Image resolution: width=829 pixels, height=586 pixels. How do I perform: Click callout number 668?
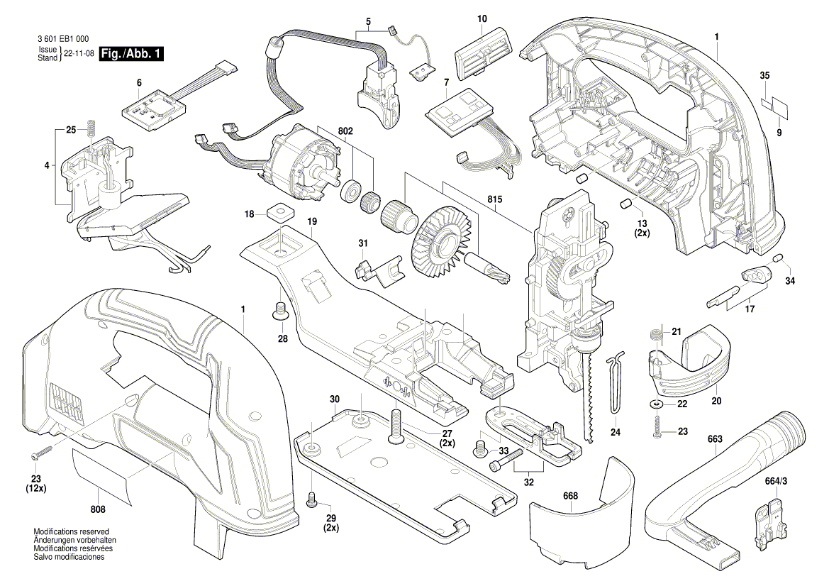(571, 496)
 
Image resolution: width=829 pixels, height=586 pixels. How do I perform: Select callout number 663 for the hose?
(714, 440)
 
